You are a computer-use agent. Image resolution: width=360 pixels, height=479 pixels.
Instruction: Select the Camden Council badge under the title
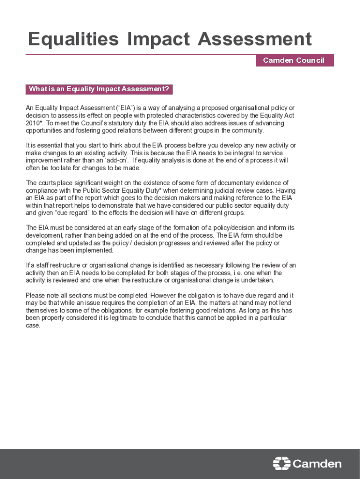[294, 60]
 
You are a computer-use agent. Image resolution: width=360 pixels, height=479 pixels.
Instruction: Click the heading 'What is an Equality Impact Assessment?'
[99, 89]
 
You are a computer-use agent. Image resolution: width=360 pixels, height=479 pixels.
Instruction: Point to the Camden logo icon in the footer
[281, 463]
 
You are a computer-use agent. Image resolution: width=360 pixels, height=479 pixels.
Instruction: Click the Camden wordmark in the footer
[317, 464]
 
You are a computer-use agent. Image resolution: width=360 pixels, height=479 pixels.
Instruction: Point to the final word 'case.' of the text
[33, 325]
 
